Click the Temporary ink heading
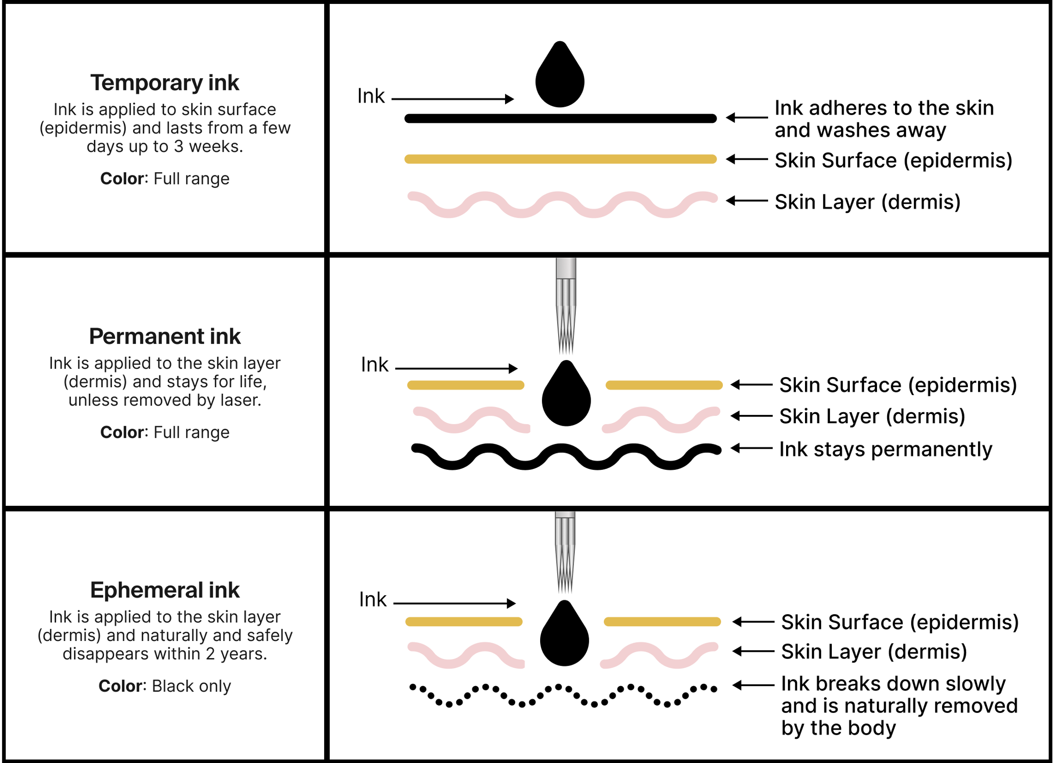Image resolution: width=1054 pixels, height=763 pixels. pyautogui.click(x=165, y=83)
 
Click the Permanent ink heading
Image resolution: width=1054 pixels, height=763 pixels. pyautogui.click(x=165, y=336)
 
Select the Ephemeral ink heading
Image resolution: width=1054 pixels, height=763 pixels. pyautogui.click(x=165, y=590)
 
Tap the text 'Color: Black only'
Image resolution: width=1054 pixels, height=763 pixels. pyautogui.click(x=165, y=686)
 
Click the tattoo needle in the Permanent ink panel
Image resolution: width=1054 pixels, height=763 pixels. pyautogui.click(x=566, y=307)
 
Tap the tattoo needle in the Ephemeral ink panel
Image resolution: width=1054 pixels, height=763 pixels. pyautogui.click(x=565, y=553)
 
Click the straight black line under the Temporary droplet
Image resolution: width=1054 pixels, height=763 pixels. pyautogui.click(x=560, y=119)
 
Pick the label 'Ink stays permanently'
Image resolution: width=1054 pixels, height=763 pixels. pyautogui.click(x=885, y=450)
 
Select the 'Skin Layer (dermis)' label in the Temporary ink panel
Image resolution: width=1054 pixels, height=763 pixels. pyautogui.click(x=867, y=202)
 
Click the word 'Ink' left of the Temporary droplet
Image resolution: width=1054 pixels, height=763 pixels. pyautogui.click(x=371, y=96)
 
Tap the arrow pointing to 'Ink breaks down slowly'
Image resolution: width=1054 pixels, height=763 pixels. pyautogui.click(x=753, y=685)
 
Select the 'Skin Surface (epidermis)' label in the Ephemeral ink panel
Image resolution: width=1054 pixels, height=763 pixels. pyautogui.click(x=899, y=622)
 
